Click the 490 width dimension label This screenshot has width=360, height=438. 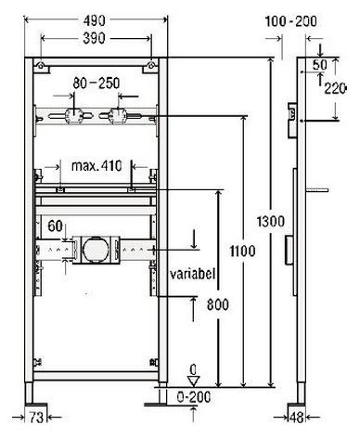click(x=95, y=20)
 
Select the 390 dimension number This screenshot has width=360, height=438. click(x=95, y=38)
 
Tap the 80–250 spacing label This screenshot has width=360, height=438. click(x=96, y=84)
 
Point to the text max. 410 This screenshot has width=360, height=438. click(x=96, y=166)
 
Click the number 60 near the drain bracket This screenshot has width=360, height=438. click(x=55, y=225)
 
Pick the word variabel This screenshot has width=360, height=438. click(x=192, y=274)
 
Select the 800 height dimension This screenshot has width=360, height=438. click(x=218, y=304)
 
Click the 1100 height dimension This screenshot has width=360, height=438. click(x=242, y=251)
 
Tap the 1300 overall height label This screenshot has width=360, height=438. click(x=271, y=222)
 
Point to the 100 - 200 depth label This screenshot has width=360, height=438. click(x=291, y=21)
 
